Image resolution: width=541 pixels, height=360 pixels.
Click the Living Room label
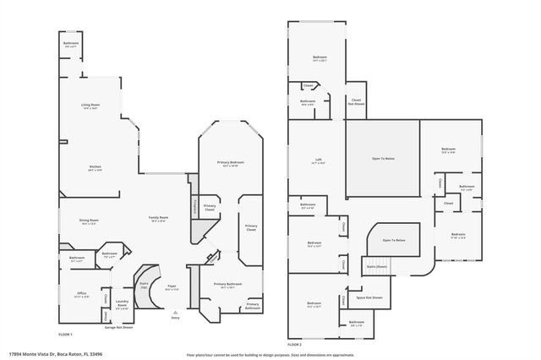coord(90,106)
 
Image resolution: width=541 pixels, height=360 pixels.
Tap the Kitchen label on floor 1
coord(96,167)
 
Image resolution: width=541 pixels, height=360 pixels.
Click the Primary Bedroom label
coord(229,162)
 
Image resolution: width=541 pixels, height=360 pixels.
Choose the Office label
coord(80,296)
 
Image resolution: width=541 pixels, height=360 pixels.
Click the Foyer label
coord(172,288)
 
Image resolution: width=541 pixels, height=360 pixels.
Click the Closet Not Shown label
coord(357,101)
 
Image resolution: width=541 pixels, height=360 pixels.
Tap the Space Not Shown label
coord(369,297)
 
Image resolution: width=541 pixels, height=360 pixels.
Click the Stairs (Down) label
coord(376,266)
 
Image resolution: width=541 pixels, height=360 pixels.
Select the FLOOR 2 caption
coord(293,345)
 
